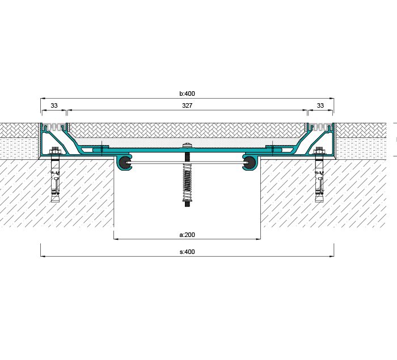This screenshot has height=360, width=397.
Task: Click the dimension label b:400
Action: [187, 94]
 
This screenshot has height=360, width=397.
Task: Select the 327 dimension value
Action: [187, 105]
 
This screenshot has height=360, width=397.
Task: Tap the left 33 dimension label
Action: [54, 105]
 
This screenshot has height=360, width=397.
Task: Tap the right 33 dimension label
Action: [320, 105]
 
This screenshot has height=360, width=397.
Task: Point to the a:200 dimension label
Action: [187, 235]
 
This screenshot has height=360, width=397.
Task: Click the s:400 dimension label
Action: [187, 252]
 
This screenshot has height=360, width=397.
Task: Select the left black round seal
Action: [125, 163]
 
